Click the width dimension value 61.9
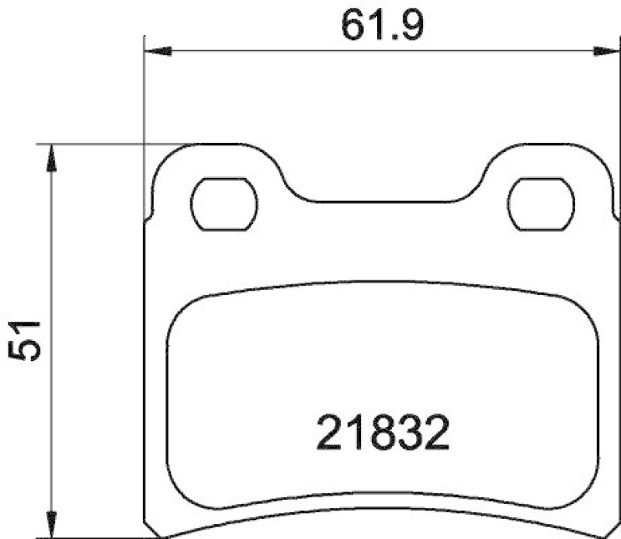381,27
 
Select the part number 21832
383,434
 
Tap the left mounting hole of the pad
224,204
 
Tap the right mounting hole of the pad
542,204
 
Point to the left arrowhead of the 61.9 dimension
156,52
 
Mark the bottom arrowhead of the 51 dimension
50,526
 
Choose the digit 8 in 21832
383,434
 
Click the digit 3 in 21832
410,434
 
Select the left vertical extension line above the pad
144,101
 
